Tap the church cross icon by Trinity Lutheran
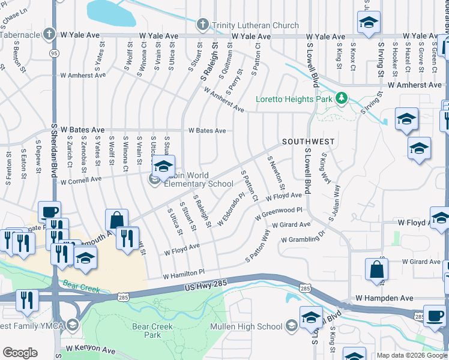click(x=203, y=25)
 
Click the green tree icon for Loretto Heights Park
click(x=342, y=97)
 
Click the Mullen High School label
click(x=246, y=326)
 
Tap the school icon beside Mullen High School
click(x=292, y=326)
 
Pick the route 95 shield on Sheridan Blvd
click(x=55, y=53)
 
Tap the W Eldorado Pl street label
click(x=232, y=209)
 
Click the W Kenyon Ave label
click(x=91, y=349)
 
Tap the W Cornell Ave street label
click(x=81, y=179)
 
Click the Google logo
click(x=20, y=353)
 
